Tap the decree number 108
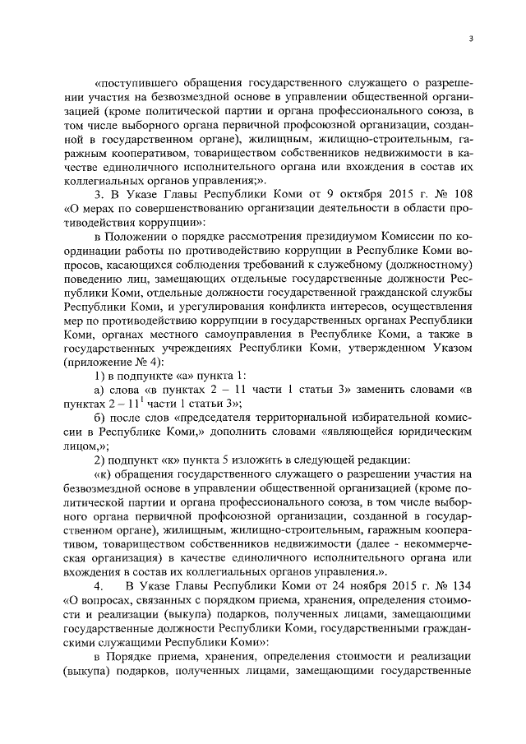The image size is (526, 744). tap(459, 193)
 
